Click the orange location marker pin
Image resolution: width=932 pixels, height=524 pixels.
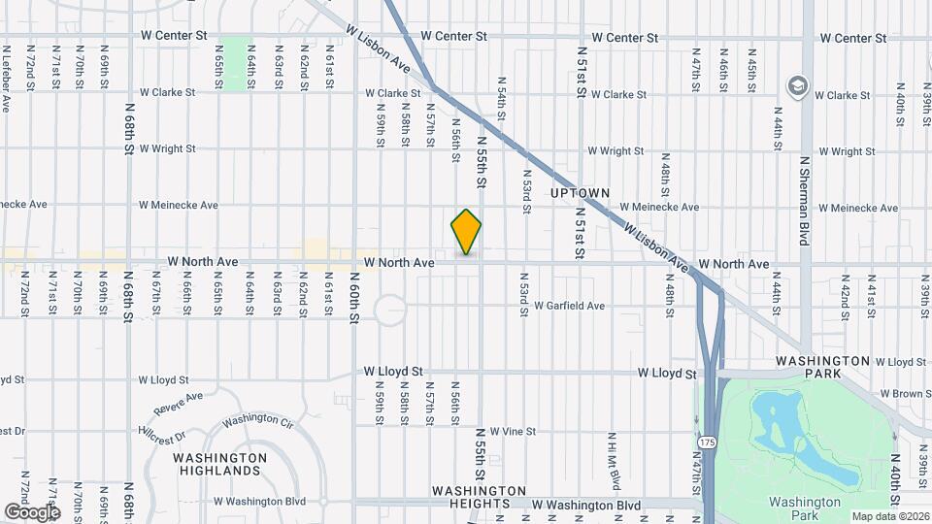coord(467,231)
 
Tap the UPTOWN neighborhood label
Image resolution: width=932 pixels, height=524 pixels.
coord(580,193)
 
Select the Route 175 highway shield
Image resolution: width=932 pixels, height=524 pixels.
coord(705,442)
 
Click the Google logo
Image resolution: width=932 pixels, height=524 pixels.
coord(32,511)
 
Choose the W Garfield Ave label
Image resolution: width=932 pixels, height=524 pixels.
coord(569,306)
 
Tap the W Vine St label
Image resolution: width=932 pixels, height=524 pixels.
coord(507,431)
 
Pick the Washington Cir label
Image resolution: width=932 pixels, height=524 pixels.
coord(257,421)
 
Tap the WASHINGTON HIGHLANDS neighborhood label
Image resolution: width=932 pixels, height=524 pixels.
coord(219,464)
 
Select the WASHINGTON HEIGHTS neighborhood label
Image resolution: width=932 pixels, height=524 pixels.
coord(480,497)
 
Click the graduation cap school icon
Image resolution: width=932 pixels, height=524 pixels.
coord(799,84)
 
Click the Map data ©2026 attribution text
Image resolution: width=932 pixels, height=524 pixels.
coord(890,516)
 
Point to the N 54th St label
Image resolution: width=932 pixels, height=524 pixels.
coord(502,100)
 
